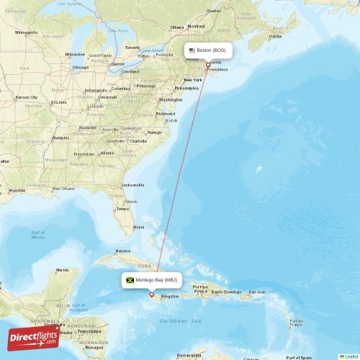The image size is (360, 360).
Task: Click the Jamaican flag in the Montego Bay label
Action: (131, 279)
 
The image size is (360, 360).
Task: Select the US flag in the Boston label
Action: (192, 50)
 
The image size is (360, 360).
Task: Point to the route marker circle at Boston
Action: (208, 66)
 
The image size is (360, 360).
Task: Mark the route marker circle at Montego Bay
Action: (151, 294)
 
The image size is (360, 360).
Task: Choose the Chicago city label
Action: (80, 68)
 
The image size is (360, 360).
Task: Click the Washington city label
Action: (171, 99)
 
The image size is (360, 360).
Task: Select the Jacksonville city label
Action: (134, 185)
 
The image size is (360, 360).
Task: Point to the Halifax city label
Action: (275, 36)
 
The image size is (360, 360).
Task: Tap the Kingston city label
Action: (171, 297)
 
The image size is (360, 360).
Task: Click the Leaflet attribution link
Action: (349, 356)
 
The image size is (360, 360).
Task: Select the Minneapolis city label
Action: (27, 32)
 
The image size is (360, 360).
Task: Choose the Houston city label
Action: (17, 191)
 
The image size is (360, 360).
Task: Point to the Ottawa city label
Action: (177, 27)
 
